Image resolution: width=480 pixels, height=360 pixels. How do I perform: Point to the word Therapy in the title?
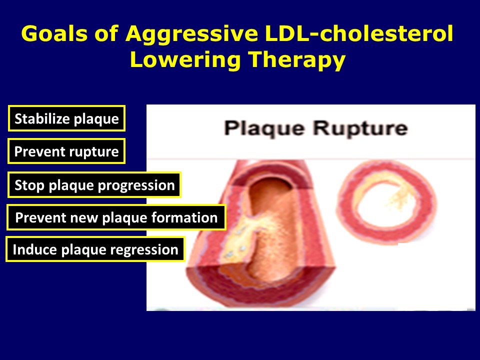[x=297, y=60]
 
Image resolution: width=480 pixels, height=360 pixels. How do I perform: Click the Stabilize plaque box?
[x=66, y=119]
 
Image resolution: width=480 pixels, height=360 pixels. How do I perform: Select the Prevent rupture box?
[x=66, y=151]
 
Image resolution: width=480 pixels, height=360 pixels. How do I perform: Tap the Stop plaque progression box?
[x=94, y=185]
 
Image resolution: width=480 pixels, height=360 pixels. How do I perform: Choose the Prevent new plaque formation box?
[x=116, y=217]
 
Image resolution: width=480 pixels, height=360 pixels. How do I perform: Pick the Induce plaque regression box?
[x=95, y=249]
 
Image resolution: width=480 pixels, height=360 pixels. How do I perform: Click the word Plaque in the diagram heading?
[x=265, y=128]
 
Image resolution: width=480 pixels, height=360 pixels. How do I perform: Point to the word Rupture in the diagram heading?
[x=360, y=128]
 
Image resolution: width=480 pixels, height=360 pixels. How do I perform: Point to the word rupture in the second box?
[x=95, y=151]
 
